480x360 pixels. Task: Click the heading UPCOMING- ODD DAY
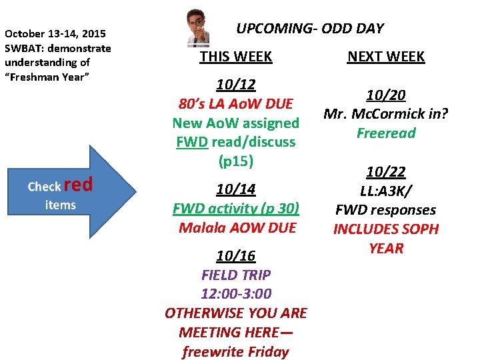click(x=310, y=29)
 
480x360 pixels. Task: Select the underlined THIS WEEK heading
click(x=236, y=57)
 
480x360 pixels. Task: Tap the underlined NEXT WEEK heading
click(x=386, y=57)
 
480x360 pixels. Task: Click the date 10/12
click(x=236, y=85)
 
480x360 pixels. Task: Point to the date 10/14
click(x=236, y=189)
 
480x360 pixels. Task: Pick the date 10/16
click(x=236, y=256)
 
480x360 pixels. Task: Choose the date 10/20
click(x=386, y=95)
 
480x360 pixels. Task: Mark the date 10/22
click(x=386, y=172)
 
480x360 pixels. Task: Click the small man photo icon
click(x=197, y=27)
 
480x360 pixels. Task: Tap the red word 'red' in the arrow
click(x=79, y=185)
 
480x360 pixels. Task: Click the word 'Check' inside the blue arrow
click(x=45, y=187)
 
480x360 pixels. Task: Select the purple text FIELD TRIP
click(x=236, y=275)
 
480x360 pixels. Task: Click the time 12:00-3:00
click(x=236, y=294)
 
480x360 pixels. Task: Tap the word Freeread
click(x=386, y=133)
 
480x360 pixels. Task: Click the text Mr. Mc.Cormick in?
click(x=386, y=114)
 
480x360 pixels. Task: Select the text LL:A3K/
click(x=386, y=191)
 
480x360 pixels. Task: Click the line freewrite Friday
click(x=236, y=351)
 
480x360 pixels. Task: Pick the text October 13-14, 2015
click(x=55, y=33)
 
